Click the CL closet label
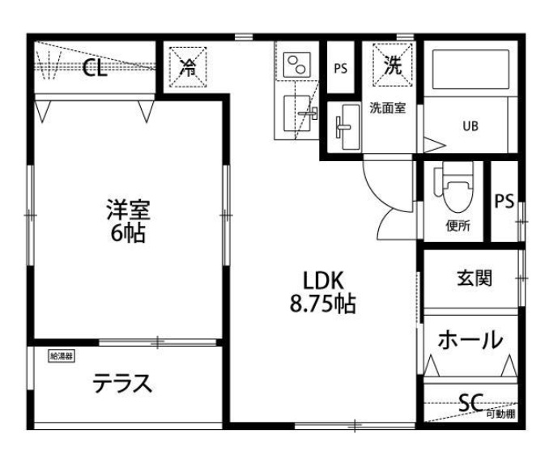tap(95, 69)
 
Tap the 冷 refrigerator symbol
tap(187, 68)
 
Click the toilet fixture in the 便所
tap(451, 188)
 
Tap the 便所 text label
tap(457, 226)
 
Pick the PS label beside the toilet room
tap(504, 201)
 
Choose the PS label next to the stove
tap(340, 69)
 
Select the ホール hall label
tap(470, 340)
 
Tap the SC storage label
tap(470, 401)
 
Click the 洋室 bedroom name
tap(128, 211)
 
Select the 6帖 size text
tap(128, 235)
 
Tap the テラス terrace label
tap(121, 383)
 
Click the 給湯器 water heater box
tap(62, 355)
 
